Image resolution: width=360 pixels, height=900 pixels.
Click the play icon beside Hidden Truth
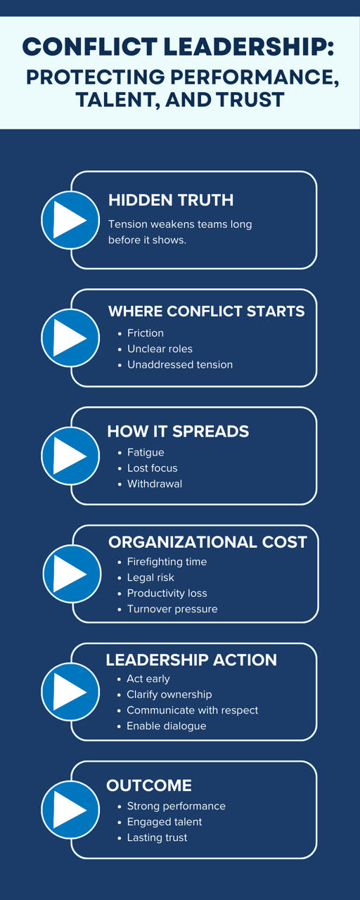[x=70, y=220]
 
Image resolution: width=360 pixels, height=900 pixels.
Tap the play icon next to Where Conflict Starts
[x=70, y=338]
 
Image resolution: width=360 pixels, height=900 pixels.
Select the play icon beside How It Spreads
[x=70, y=456]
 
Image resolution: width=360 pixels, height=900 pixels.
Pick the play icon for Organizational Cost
[x=72, y=574]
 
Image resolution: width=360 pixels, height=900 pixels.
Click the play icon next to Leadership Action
[x=70, y=691]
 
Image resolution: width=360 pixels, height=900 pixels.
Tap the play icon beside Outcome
[x=70, y=809]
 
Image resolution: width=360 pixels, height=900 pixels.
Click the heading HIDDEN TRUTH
[x=171, y=200]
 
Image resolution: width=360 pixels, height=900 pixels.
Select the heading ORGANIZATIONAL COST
[x=207, y=542]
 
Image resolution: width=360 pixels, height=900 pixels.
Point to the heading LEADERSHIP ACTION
[x=191, y=660]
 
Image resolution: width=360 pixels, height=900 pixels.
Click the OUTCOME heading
[x=149, y=785]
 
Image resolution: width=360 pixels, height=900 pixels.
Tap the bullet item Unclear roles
[x=160, y=349]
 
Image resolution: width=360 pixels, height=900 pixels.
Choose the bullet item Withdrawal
[x=155, y=484]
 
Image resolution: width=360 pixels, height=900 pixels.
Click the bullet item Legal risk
[x=150, y=577]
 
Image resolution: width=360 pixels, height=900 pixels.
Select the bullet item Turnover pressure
[x=172, y=609]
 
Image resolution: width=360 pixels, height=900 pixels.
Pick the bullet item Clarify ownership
[x=169, y=694]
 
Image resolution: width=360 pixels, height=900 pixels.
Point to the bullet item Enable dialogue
[x=167, y=726]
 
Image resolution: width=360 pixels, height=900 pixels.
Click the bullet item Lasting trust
[x=157, y=837]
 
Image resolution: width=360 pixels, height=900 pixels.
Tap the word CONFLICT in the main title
[x=90, y=46]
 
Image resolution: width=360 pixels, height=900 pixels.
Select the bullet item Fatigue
[x=146, y=452]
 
